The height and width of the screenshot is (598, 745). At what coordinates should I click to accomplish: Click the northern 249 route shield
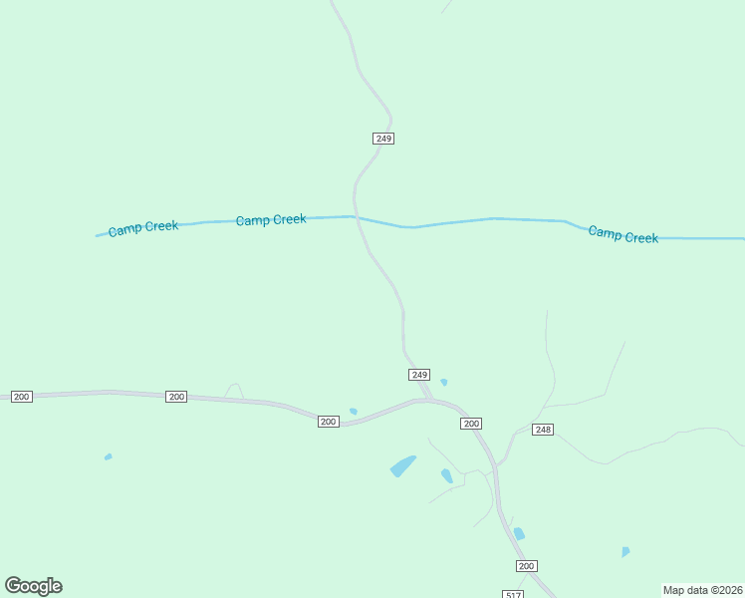click(383, 139)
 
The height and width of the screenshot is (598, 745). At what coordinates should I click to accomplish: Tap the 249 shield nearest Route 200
click(419, 375)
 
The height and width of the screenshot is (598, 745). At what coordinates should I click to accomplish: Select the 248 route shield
click(542, 430)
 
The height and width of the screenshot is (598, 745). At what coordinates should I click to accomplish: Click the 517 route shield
click(512, 594)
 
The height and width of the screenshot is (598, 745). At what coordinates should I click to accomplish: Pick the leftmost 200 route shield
click(22, 397)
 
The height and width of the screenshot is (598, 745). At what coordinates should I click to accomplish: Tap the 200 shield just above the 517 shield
click(527, 566)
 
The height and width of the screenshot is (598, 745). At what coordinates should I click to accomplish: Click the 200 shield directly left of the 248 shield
click(471, 424)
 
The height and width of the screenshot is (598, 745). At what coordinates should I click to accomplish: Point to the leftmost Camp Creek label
click(143, 227)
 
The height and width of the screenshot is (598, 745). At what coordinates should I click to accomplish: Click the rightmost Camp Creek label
click(622, 235)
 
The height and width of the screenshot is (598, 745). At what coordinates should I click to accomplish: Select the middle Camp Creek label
click(271, 219)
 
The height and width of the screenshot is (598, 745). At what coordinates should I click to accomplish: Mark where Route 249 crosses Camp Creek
click(356, 216)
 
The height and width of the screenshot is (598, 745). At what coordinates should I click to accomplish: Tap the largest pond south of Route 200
click(402, 465)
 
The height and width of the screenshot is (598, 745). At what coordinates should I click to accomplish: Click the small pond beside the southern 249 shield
click(444, 382)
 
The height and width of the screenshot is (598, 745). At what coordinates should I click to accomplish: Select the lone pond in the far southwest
click(108, 456)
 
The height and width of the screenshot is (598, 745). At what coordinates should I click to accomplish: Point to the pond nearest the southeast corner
click(624, 551)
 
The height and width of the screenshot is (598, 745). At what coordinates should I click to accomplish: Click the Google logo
click(34, 586)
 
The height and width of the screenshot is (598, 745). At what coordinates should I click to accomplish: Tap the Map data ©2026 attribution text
click(702, 590)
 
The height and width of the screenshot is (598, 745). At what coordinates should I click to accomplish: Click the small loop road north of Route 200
click(234, 390)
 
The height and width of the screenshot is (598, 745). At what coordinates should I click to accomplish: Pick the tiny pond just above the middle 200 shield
click(354, 411)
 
